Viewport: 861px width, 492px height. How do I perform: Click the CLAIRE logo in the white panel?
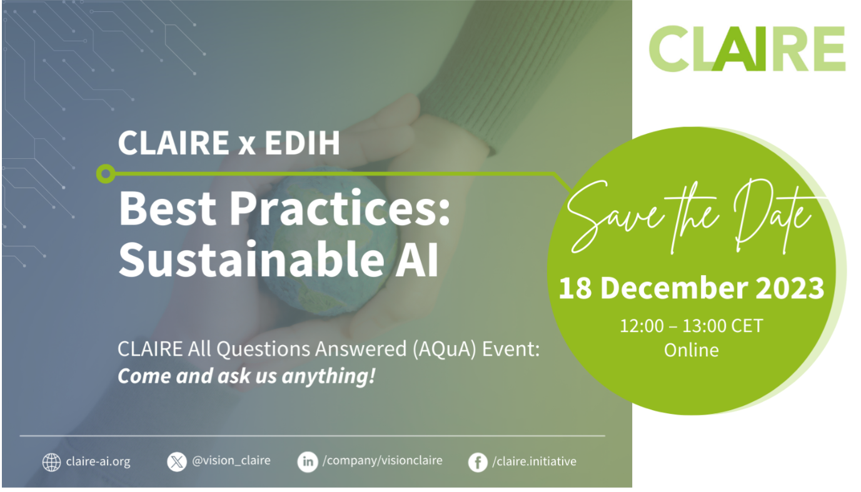tap(747, 48)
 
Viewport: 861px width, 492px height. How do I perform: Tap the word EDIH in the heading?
tap(302, 143)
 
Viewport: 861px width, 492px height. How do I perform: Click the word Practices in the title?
tap(340, 209)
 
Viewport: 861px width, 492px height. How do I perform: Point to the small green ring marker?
tap(106, 174)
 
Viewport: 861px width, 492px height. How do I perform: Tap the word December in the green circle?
tap(675, 288)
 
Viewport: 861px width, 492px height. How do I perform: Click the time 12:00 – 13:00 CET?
tap(691, 326)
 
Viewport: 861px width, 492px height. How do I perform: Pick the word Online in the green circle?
tap(691, 350)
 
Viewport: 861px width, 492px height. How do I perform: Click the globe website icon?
tap(51, 461)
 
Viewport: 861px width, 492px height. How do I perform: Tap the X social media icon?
tap(177, 461)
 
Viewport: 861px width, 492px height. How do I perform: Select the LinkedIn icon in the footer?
tap(308, 461)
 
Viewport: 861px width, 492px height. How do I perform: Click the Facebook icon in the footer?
tap(478, 462)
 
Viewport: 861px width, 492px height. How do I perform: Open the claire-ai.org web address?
tap(98, 461)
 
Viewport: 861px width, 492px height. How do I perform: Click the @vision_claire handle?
tap(231, 461)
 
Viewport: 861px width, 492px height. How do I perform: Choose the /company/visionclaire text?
tap(383, 461)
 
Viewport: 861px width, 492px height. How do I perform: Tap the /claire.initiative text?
tap(534, 461)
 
